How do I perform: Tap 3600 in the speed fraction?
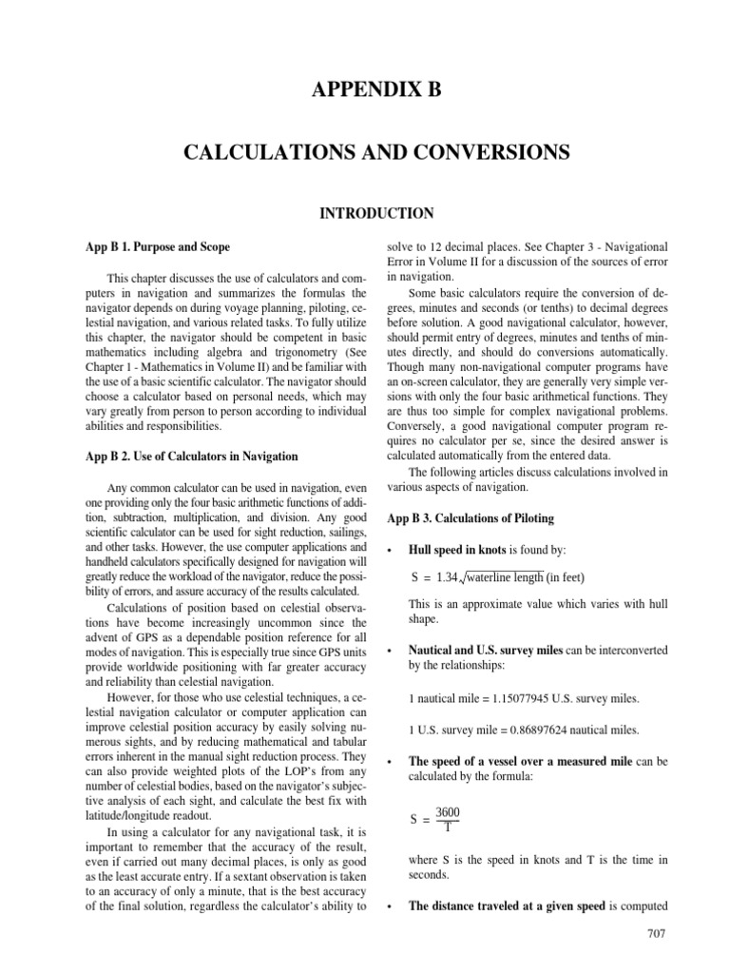point(448,811)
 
